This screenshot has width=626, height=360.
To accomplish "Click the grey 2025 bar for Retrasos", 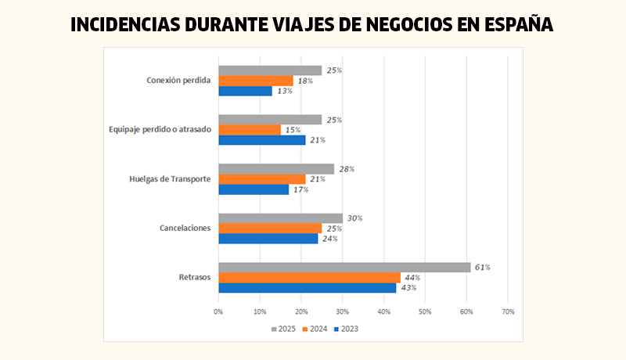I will tap(344, 267).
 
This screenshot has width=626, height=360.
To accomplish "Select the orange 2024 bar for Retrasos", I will tap(309, 277).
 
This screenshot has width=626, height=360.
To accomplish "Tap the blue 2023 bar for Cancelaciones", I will tap(268, 238).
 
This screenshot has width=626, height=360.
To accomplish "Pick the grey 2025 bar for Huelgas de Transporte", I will tap(276, 169).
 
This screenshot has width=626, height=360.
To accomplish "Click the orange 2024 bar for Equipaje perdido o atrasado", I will tap(250, 130).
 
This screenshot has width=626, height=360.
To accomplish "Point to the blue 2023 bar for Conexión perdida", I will tap(245, 91).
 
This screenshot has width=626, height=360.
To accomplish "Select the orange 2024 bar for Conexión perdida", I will tap(256, 81).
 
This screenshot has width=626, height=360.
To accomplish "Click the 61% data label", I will tap(482, 267).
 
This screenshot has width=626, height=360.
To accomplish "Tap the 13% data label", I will tap(284, 91).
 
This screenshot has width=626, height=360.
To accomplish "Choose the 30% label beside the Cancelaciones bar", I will tap(354, 218).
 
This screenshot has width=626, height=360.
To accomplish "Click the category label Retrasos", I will tap(195, 277).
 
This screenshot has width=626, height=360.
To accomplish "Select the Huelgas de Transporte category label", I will tap(170, 178).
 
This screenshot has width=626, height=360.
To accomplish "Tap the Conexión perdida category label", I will tap(179, 81).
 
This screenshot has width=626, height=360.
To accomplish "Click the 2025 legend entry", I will tap(283, 329).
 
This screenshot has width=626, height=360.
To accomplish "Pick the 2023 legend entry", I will tap(346, 329).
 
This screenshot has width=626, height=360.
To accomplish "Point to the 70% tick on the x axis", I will tap(507, 311).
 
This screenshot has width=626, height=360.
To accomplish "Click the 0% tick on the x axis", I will tap(218, 311).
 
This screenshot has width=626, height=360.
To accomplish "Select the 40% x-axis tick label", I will tap(383, 311).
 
